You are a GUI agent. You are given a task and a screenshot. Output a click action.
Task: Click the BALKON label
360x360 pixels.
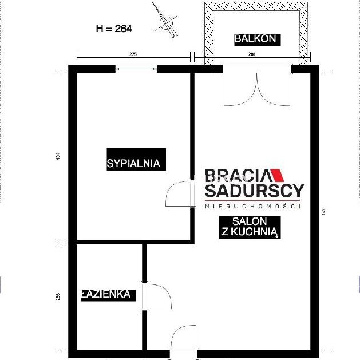tap(256, 39)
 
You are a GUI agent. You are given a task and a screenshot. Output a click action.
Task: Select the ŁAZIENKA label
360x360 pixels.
tap(107, 295)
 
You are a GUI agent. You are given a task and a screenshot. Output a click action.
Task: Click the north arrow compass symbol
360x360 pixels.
tap(166, 22)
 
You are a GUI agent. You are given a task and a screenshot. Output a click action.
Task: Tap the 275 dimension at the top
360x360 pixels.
tap(133, 54)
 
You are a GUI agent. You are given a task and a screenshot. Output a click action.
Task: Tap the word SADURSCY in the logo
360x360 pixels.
tap(254, 191)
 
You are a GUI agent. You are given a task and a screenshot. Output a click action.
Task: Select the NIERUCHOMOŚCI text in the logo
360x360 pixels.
tap(254, 206)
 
